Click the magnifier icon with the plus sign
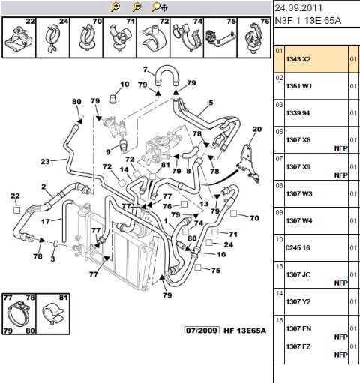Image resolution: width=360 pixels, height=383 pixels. (x=115, y=7)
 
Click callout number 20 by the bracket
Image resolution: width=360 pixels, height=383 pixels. (x=256, y=130)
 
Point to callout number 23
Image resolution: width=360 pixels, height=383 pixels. (x=45, y=161)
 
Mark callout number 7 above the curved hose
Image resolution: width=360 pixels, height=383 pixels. (x=146, y=69)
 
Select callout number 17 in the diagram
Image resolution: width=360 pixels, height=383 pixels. (x=46, y=221)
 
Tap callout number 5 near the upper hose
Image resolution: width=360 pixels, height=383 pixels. (x=211, y=102)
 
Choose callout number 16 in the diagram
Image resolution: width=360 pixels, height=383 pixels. (x=221, y=254)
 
